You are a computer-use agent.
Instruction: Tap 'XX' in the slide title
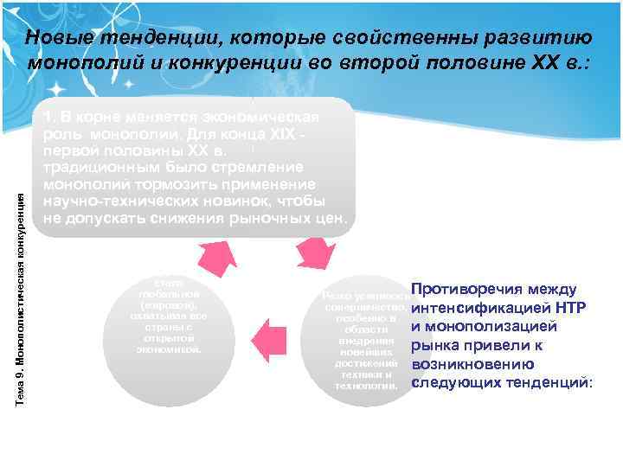tap(547, 63)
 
